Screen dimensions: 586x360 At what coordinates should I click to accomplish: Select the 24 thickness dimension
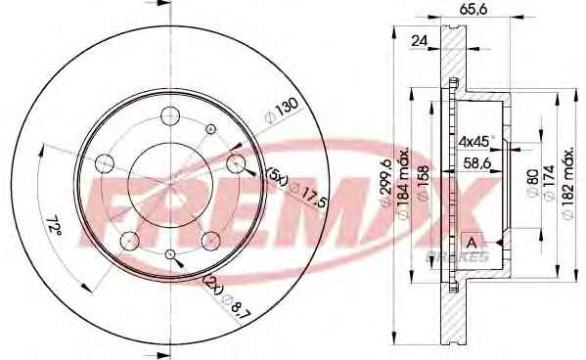(x=419, y=41)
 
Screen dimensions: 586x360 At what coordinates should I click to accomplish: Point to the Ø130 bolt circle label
(x=281, y=111)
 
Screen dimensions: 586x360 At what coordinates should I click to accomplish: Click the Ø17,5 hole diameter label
(x=309, y=196)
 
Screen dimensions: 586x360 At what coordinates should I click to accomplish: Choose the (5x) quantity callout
(x=277, y=177)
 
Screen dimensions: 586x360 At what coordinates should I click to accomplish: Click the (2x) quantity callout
(x=213, y=285)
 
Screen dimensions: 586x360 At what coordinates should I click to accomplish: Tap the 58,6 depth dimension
(x=476, y=163)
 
